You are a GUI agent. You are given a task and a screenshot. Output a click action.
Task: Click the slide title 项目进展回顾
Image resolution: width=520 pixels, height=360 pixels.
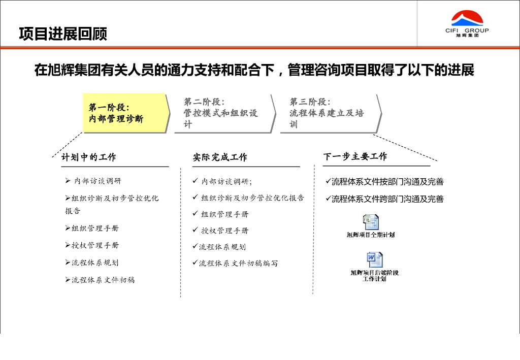(63, 34)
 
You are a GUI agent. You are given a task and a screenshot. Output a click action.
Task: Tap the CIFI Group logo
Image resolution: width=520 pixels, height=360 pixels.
(467, 24)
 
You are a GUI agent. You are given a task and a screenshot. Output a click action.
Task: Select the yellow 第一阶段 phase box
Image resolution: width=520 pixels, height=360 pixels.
(125, 113)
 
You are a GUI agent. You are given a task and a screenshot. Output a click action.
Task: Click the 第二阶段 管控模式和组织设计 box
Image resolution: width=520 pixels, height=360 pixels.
(223, 113)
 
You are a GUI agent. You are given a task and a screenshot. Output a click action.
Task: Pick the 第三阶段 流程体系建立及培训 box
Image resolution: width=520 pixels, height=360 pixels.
(329, 113)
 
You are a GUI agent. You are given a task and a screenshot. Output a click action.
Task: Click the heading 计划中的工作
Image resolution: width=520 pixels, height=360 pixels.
(89, 157)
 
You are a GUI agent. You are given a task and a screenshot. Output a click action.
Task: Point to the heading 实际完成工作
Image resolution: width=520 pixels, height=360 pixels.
(220, 157)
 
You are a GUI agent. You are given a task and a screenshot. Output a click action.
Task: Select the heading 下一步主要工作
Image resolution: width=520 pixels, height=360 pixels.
(355, 156)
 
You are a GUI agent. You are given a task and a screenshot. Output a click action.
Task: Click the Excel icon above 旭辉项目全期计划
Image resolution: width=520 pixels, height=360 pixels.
(371, 222)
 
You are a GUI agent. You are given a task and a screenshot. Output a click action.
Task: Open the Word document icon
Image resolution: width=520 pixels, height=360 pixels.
(375, 259)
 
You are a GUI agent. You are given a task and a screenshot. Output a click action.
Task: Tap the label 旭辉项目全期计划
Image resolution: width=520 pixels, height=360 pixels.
(371, 235)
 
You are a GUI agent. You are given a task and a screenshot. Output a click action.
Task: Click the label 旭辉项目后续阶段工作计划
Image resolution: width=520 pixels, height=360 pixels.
(375, 276)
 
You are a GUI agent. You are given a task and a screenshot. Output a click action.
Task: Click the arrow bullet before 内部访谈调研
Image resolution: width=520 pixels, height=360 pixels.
(68, 181)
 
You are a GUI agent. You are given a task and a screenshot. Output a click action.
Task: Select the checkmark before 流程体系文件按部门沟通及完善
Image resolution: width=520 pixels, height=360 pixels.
(328, 181)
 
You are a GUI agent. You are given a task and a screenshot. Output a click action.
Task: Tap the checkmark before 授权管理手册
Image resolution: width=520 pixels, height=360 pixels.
(195, 230)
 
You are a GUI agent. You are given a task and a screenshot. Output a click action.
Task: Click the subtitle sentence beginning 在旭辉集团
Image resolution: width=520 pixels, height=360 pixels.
(254, 70)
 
